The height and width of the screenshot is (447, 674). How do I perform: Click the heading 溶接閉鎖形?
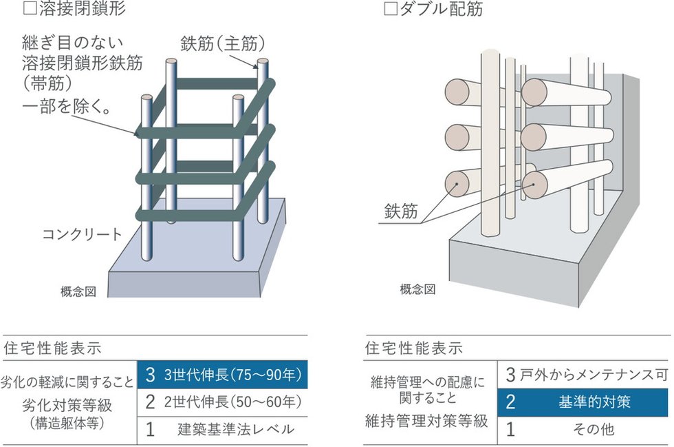[x=71, y=10]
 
